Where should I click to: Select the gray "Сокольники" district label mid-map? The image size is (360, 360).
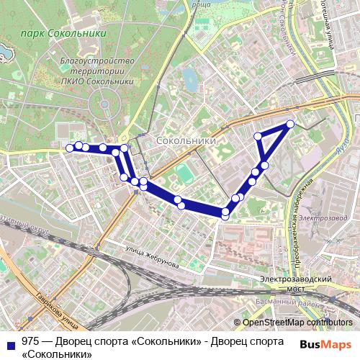click(x=186, y=142)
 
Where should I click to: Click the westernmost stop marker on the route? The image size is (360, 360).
click(x=70, y=148)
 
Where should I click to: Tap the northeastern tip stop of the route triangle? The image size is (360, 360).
click(x=291, y=124)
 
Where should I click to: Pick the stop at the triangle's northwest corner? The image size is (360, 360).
click(x=258, y=135)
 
